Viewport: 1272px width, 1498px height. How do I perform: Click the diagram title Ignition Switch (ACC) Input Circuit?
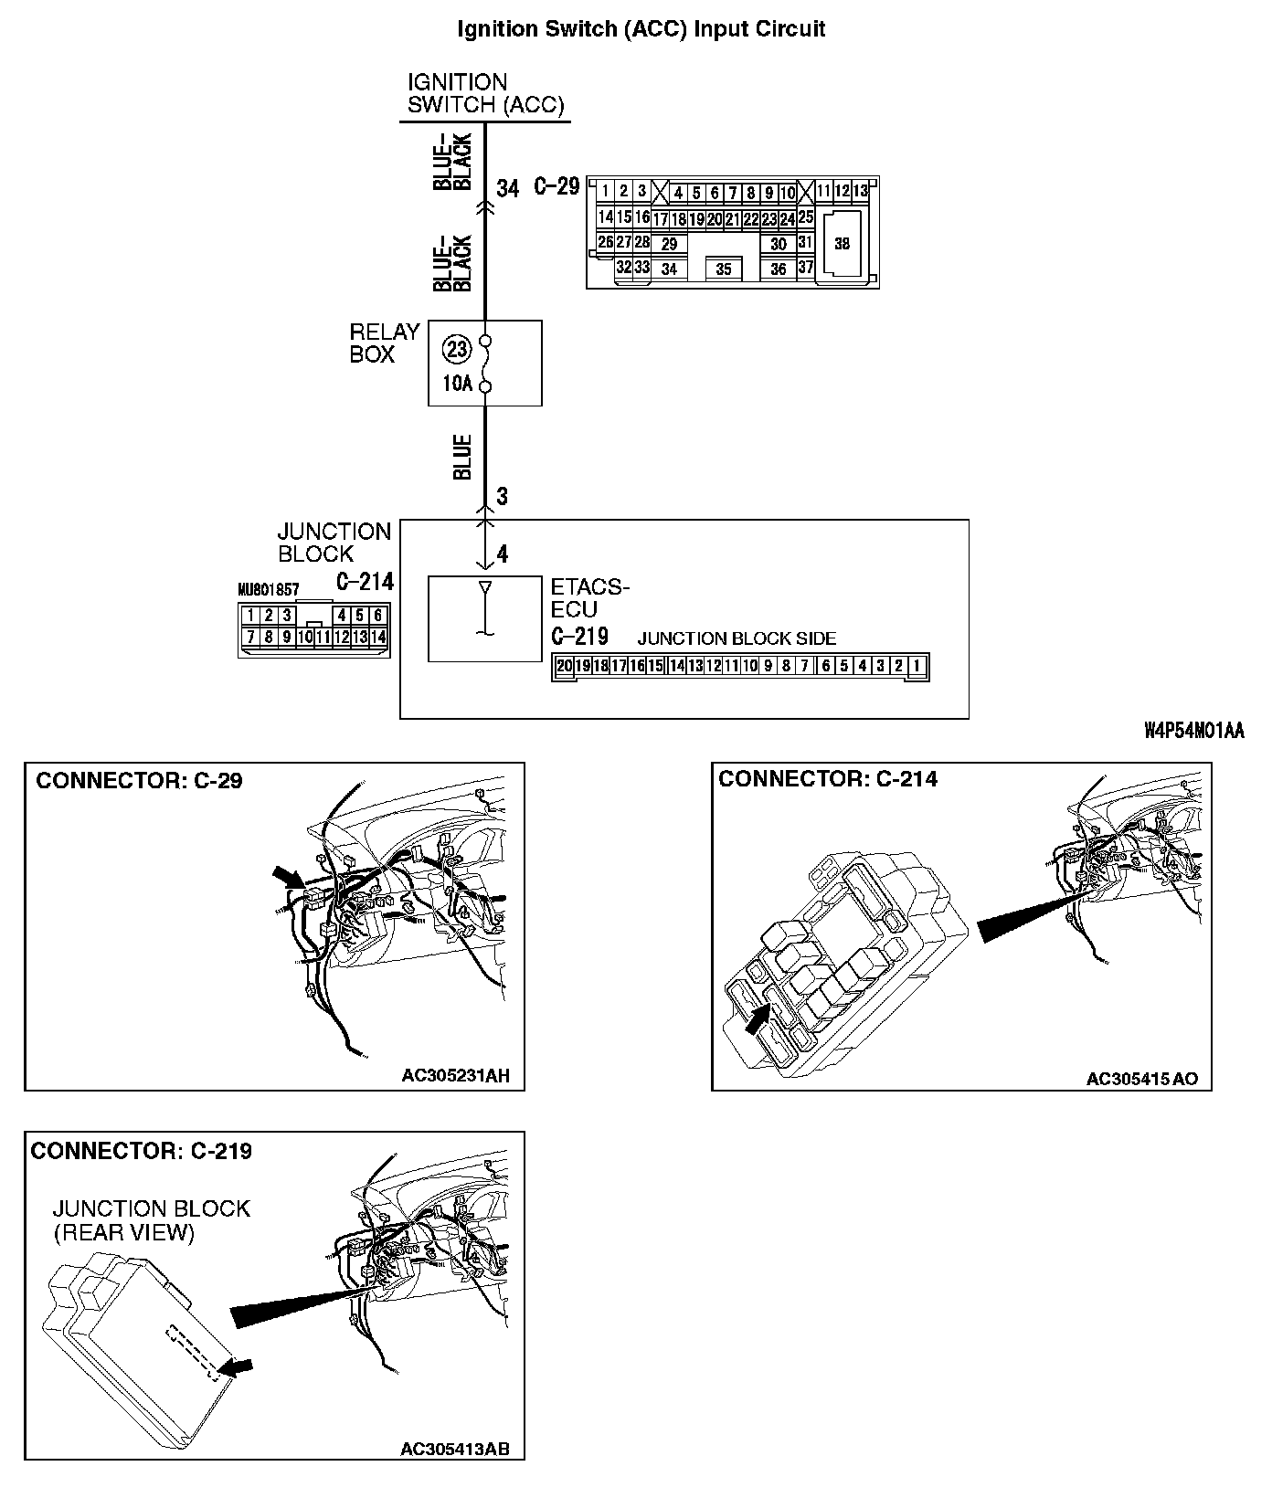pyautogui.click(x=641, y=29)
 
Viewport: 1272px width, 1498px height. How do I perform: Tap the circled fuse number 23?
pyautogui.click(x=456, y=349)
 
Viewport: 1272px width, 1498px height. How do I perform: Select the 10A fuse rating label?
pyautogui.click(x=457, y=384)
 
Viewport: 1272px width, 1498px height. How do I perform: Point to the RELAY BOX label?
pyautogui.click(x=385, y=343)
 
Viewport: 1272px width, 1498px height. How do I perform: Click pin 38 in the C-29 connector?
pyautogui.click(x=842, y=244)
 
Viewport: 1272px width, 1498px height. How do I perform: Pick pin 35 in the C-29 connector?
pyautogui.click(x=724, y=269)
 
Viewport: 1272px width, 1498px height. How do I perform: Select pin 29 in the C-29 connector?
pyautogui.click(x=670, y=244)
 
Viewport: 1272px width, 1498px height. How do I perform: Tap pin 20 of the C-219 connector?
pyautogui.click(x=565, y=666)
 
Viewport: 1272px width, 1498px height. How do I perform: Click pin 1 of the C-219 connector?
pyautogui.click(x=917, y=666)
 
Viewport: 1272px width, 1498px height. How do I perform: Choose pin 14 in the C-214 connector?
pyautogui.click(x=378, y=637)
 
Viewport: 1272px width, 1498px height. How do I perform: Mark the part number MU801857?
pyautogui.click(x=269, y=590)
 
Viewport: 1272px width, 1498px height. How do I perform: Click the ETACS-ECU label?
pyautogui.click(x=590, y=597)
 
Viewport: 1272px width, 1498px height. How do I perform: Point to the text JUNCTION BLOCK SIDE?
pyautogui.click(x=737, y=638)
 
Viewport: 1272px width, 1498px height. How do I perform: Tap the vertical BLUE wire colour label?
pyautogui.click(x=462, y=457)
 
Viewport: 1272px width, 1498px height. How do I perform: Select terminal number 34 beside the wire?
pyautogui.click(x=508, y=188)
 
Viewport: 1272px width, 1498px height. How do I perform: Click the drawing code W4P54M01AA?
pyautogui.click(x=1193, y=731)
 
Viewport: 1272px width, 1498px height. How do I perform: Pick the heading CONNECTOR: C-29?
pyautogui.click(x=139, y=781)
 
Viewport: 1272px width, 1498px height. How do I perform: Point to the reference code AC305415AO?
pyautogui.click(x=1141, y=1080)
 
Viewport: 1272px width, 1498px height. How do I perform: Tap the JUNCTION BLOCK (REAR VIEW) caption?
pyautogui.click(x=151, y=1220)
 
